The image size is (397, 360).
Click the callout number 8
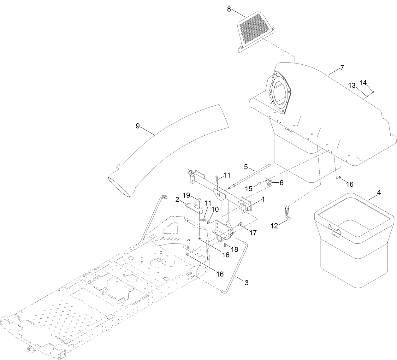point(229,9)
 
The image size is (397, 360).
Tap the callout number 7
point(342,68)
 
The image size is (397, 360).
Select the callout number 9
point(138,126)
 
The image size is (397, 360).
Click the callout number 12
point(275,226)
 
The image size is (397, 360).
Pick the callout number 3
point(246,283)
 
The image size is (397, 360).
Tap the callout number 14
point(363,83)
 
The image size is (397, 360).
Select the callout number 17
point(253,233)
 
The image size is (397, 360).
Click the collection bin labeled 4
point(354,246)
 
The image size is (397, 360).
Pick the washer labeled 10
point(209,219)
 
